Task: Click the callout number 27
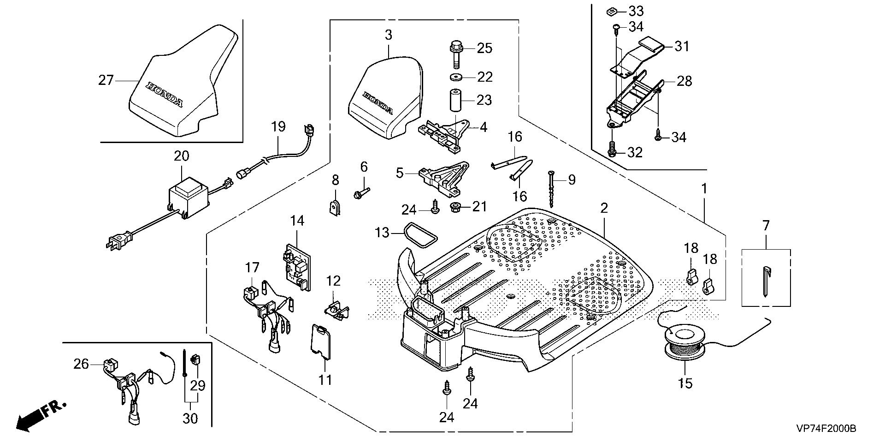click(x=106, y=80)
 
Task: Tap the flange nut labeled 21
click(x=455, y=206)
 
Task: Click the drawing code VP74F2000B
click(x=826, y=429)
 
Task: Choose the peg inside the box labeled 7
click(x=765, y=282)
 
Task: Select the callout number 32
click(x=635, y=152)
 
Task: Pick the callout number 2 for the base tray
click(x=604, y=208)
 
